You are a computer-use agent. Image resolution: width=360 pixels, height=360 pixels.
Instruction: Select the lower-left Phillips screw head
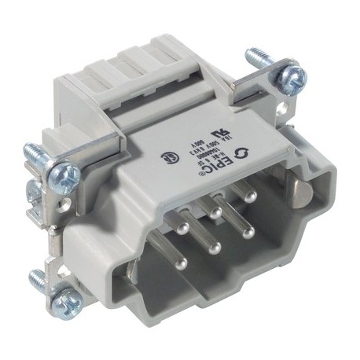65,299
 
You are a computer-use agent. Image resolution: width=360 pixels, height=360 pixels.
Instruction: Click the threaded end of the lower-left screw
35,276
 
